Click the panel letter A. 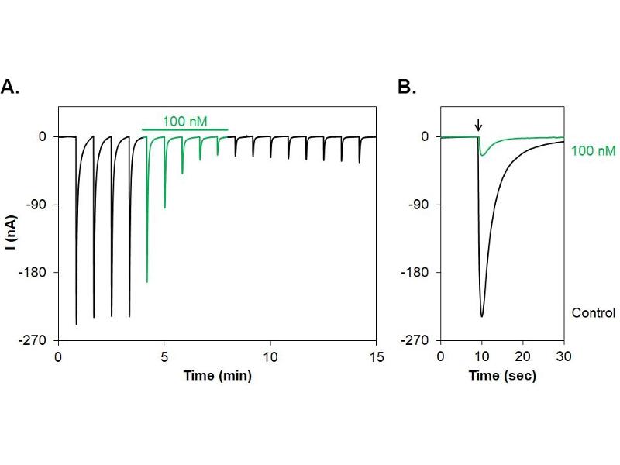[10, 87]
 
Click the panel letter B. [407, 87]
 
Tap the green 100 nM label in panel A [185, 121]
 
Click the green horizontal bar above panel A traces [185, 129]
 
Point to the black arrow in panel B [478, 124]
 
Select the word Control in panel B [593, 313]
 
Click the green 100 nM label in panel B [593, 150]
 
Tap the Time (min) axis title [217, 375]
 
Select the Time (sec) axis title [502, 375]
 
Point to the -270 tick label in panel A [38, 340]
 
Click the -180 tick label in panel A [38, 273]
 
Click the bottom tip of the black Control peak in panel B [482, 316]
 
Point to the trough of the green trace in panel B [482, 156]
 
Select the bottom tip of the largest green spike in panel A [147, 282]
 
